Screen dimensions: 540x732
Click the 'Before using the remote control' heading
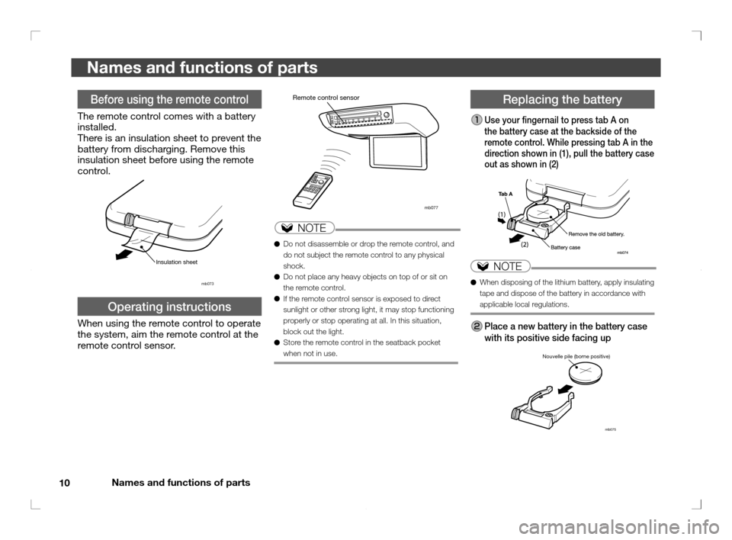170,99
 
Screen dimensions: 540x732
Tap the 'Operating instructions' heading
170,307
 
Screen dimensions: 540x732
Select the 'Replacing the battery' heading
563,99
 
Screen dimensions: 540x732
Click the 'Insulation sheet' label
176,262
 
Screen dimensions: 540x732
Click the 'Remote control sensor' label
326,98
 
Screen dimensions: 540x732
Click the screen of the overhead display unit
400,153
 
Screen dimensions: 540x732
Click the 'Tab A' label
505,194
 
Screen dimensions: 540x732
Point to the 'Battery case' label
565,248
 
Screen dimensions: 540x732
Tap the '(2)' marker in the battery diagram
525,245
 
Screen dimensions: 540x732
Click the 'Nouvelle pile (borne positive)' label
576,356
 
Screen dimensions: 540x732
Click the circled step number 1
475,121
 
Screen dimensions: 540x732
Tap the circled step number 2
475,326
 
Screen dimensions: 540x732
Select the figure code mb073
207,284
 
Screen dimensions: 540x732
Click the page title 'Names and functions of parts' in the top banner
202,68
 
